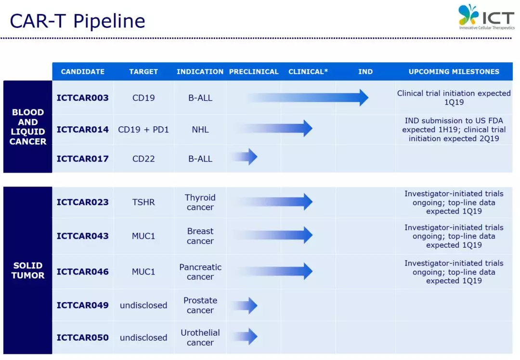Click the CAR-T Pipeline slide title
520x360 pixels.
click(78, 21)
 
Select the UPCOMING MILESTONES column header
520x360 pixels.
click(454, 72)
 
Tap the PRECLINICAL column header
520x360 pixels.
click(254, 72)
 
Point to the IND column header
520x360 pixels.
click(365, 72)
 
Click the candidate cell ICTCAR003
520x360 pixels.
click(83, 98)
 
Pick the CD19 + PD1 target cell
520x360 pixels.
click(143, 130)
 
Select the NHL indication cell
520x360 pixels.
click(200, 130)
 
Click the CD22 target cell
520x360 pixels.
click(143, 159)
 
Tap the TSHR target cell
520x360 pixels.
click(143, 202)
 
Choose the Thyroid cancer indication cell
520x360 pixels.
click(200, 202)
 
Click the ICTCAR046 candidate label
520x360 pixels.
click(83, 272)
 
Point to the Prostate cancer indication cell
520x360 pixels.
click(200, 305)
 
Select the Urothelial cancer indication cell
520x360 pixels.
click(200, 337)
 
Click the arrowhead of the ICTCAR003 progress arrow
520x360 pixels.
click(364, 97)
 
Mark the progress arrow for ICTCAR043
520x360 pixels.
click(273, 235)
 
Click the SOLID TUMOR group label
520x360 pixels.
click(28, 270)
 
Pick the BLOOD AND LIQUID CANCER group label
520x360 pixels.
click(28, 127)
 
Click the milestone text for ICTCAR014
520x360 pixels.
click(454, 130)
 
